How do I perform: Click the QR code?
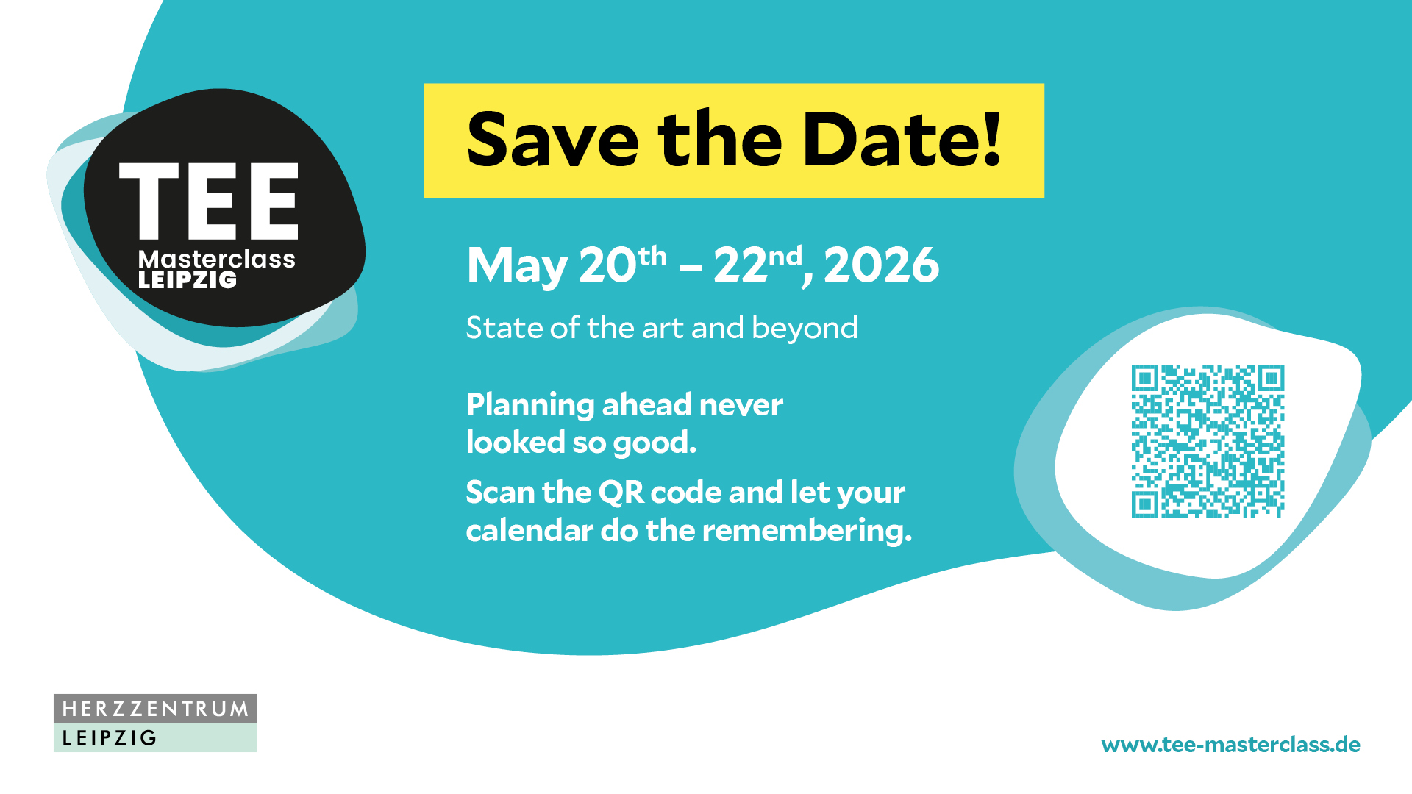[1208, 441]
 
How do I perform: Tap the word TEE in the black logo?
[209, 201]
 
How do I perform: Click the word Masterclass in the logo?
[217, 259]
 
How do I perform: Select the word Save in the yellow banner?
[552, 140]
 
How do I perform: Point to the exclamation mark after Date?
[992, 137]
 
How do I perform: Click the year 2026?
[881, 265]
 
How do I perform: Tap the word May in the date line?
[517, 267]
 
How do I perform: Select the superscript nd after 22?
[785, 256]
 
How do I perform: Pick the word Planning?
[530, 406]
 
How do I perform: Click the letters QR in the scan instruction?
[621, 493]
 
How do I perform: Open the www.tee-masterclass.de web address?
[1230, 745]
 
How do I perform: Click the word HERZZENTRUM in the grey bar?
[155, 709]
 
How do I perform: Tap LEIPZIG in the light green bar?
[110, 738]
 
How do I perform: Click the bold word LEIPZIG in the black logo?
[188, 279]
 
